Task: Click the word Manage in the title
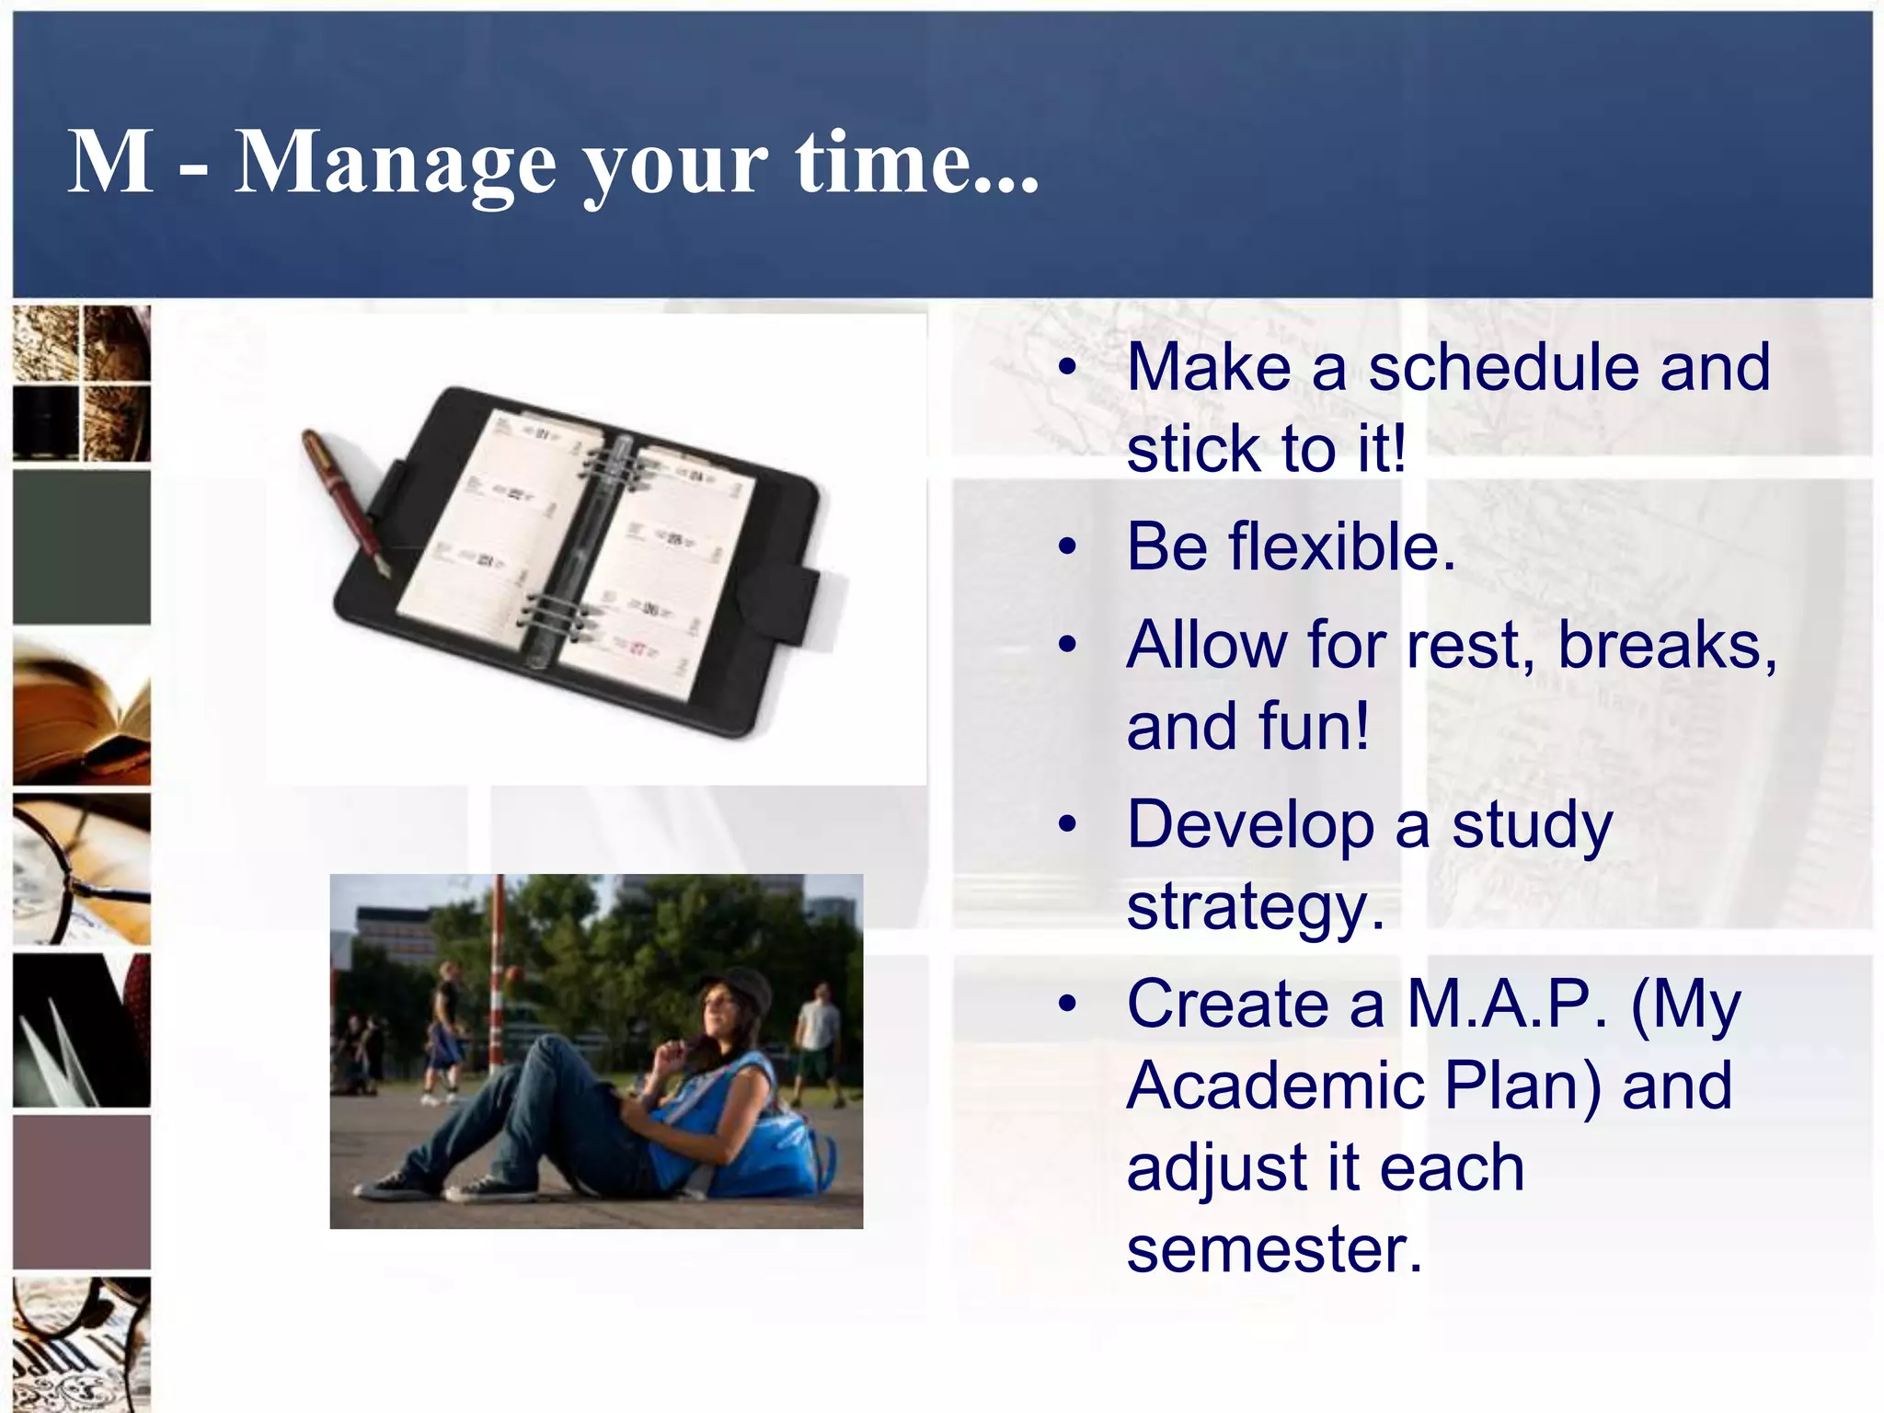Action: [396, 163]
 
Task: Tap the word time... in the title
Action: [916, 163]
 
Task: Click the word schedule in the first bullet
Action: [1502, 367]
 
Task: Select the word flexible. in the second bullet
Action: [1291, 546]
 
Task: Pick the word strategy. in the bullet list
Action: [1255, 907]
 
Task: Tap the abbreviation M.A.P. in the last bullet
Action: [1508, 1004]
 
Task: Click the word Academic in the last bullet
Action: [1274, 1086]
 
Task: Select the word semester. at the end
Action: [1274, 1249]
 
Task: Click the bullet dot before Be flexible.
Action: [1067, 547]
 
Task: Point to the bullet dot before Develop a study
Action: [1067, 824]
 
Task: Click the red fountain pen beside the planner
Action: [344, 501]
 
